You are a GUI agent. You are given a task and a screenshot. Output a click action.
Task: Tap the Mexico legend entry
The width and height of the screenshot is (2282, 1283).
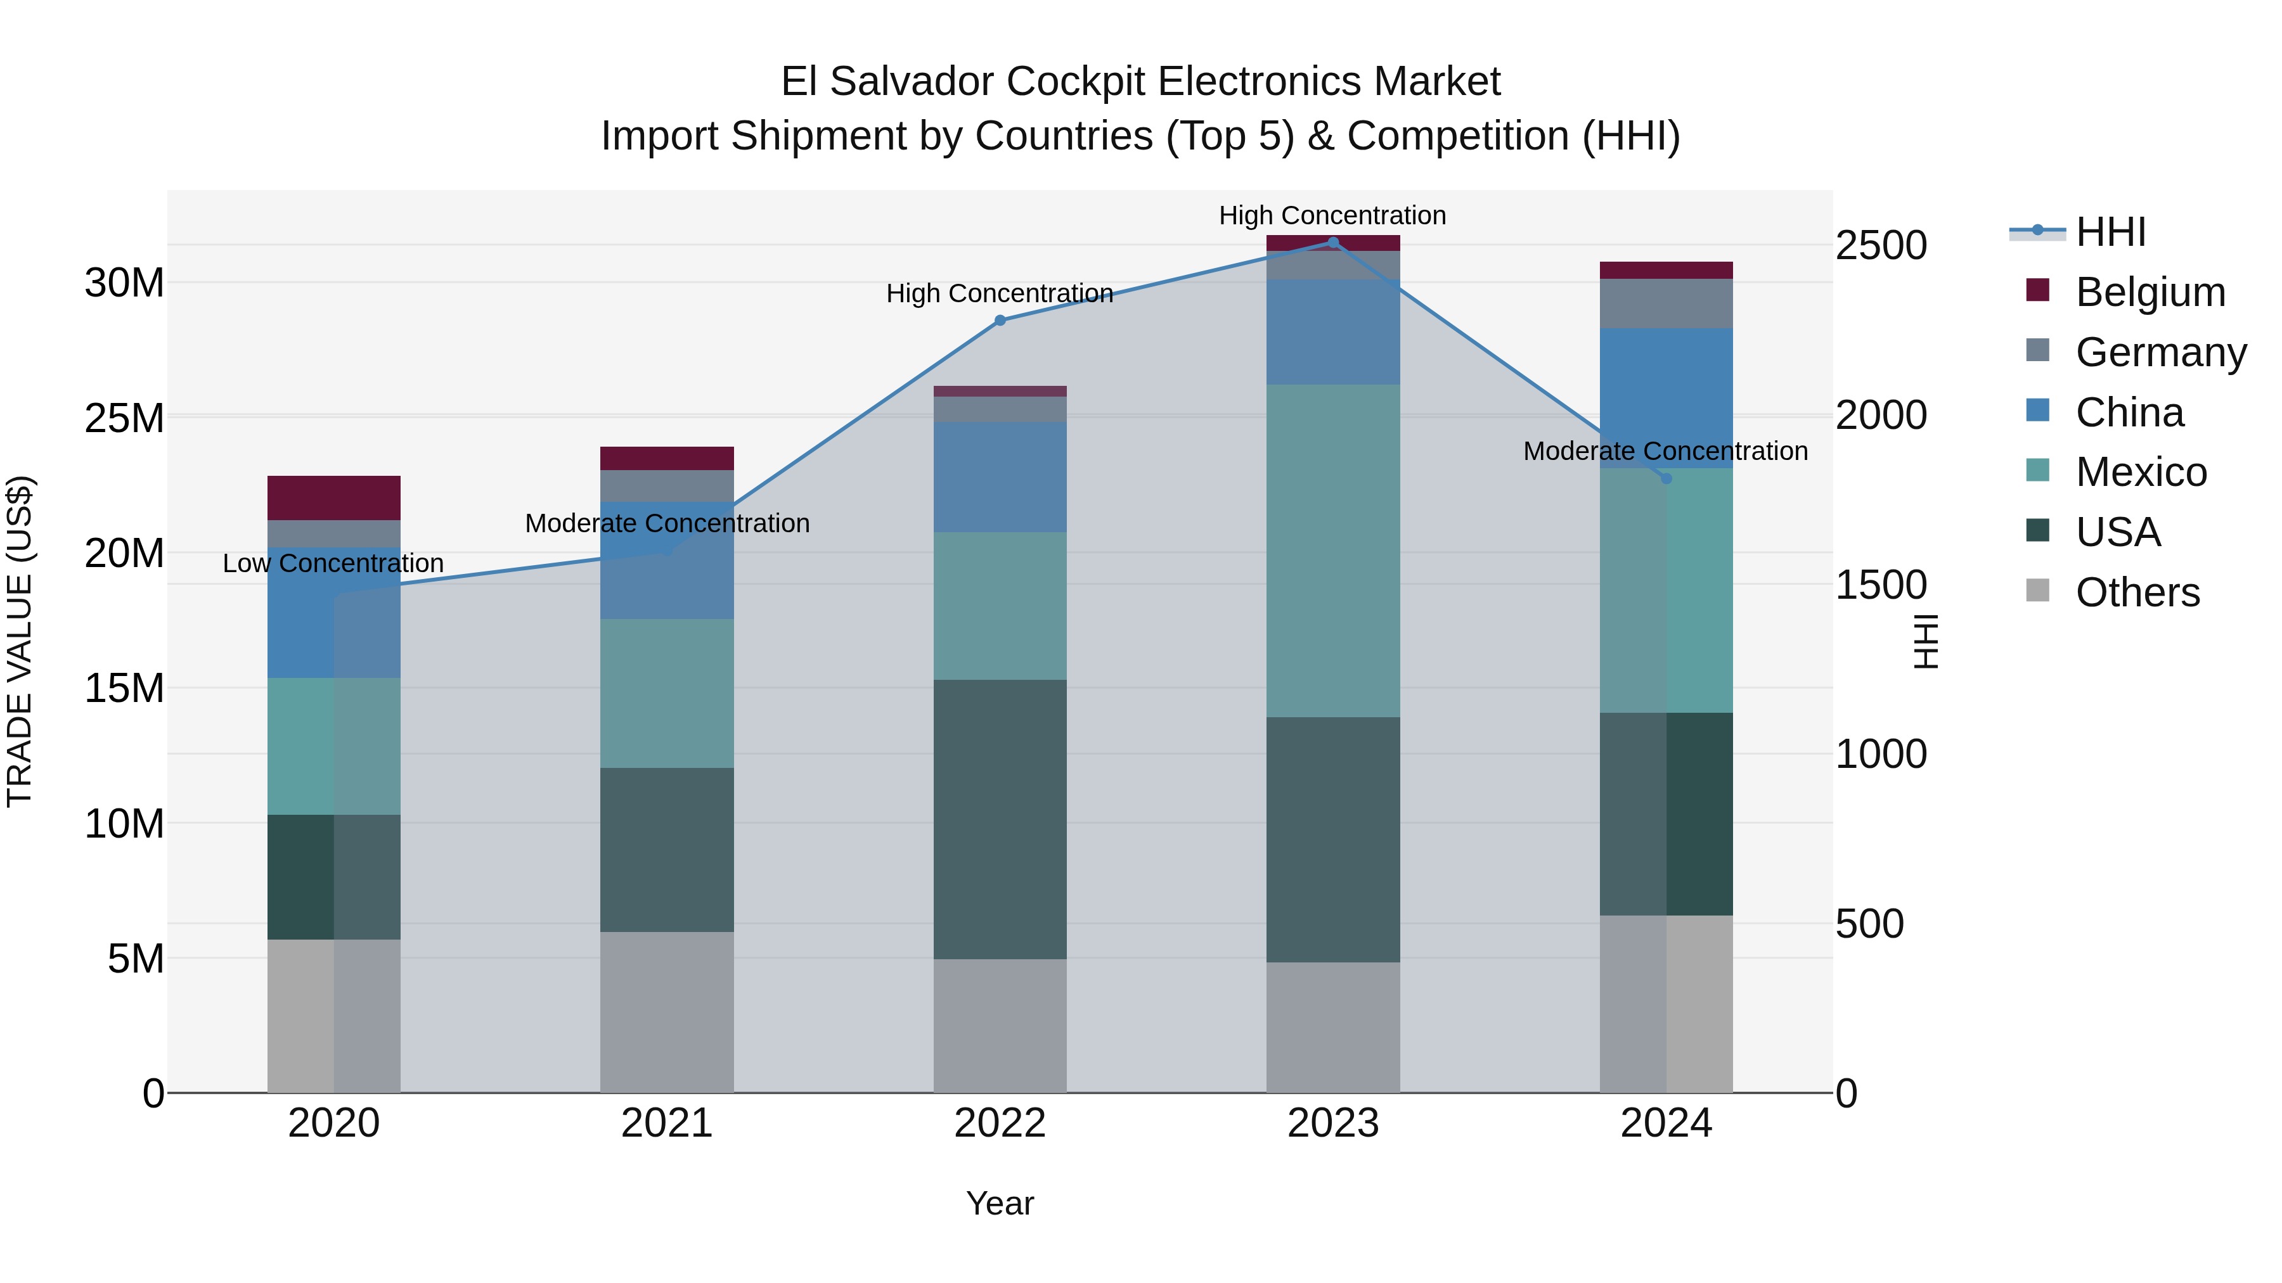pos(2140,472)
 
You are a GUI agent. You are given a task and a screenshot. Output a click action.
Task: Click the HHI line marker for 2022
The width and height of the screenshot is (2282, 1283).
pos(1000,321)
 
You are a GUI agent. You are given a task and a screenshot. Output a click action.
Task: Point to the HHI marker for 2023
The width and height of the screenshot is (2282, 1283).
pos(1333,243)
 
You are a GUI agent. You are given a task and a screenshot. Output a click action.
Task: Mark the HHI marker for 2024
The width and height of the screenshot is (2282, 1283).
pos(1666,479)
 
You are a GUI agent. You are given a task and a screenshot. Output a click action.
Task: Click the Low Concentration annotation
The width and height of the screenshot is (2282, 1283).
pos(333,563)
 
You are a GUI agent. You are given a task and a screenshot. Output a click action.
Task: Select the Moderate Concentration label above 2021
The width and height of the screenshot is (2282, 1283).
pos(667,523)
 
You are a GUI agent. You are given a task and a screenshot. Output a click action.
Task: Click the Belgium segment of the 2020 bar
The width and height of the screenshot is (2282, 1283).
pos(334,497)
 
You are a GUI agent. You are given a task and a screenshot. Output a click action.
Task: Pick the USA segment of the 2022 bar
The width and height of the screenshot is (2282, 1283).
pos(1000,819)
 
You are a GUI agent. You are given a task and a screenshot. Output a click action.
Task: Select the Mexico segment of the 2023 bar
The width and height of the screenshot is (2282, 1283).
pos(1333,551)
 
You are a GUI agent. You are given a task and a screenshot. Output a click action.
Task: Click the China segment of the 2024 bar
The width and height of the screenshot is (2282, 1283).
pos(1666,399)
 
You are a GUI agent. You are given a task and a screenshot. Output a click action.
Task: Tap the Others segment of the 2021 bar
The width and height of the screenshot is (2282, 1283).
pos(667,1011)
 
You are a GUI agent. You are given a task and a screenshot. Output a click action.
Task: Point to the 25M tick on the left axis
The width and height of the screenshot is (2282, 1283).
pos(124,418)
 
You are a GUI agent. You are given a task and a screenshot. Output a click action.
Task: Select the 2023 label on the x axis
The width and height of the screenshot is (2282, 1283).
pos(1333,1123)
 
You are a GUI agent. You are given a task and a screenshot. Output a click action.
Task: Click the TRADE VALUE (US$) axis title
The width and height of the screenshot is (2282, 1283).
pos(20,641)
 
